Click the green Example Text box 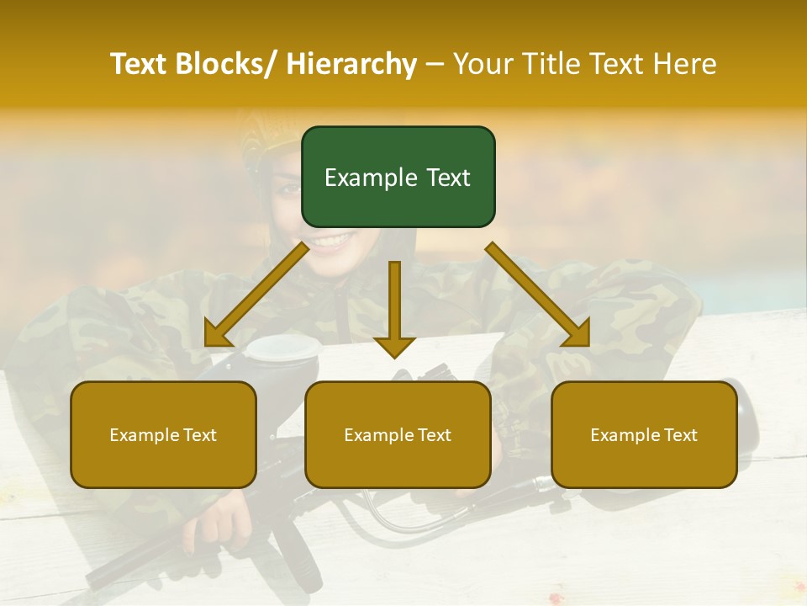[x=398, y=177]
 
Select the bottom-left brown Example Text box [x=163, y=434]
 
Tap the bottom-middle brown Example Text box [x=398, y=434]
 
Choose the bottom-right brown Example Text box [x=644, y=434]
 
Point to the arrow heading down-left [x=256, y=295]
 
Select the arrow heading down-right [x=538, y=295]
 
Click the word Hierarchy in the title [x=351, y=64]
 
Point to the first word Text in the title [x=140, y=64]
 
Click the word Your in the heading [x=482, y=64]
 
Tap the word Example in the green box [x=365, y=178]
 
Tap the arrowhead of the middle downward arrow [x=394, y=346]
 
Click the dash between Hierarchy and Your [x=435, y=64]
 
